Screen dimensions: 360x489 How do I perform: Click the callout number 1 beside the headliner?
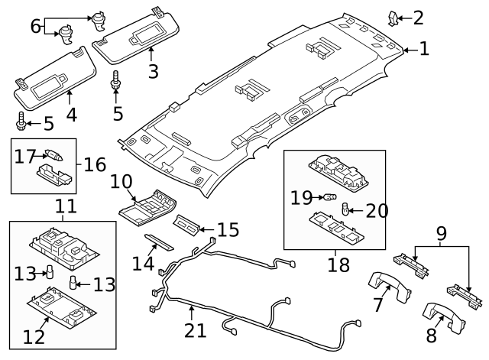point(423,50)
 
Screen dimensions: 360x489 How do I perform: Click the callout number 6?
point(35,26)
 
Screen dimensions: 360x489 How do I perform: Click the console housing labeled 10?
point(147,207)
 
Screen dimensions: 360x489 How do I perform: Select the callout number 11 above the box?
point(66,206)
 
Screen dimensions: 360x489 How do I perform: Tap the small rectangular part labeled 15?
point(188,225)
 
